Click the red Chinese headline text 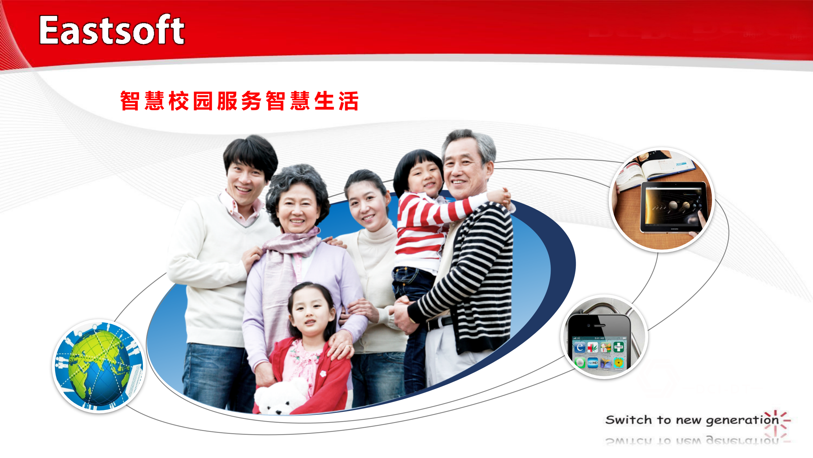pos(239,101)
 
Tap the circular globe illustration pos(99,366)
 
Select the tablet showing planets pos(673,207)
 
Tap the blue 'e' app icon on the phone pos(580,347)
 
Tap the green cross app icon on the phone pos(618,347)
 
